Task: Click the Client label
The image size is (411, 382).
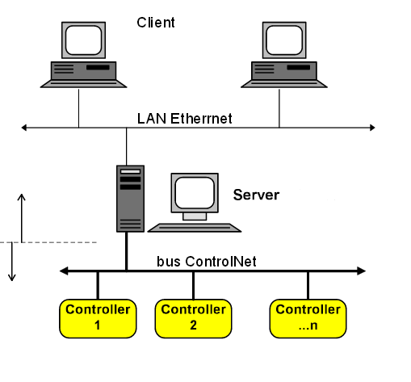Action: (x=156, y=23)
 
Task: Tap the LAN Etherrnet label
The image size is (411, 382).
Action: (x=184, y=119)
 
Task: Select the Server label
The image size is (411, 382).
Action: (x=256, y=195)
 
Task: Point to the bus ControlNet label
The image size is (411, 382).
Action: (x=207, y=262)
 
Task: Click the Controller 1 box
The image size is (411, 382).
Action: (x=98, y=318)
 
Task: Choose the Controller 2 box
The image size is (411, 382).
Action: (x=193, y=318)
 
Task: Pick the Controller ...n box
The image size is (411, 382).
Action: (x=308, y=318)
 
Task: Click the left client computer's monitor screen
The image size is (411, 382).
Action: (x=83, y=40)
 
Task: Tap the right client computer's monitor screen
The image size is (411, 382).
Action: (x=284, y=40)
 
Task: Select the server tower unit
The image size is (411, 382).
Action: (x=130, y=199)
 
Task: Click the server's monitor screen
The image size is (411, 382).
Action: (x=195, y=193)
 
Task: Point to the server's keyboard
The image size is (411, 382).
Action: (x=195, y=228)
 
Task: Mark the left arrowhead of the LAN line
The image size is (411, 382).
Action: (x=24, y=128)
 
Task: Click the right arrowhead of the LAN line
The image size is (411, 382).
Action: (x=372, y=128)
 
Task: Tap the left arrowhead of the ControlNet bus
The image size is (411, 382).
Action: (x=64, y=271)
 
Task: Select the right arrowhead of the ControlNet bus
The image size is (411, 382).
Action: (x=361, y=271)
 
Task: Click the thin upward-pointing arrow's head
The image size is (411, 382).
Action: (x=22, y=197)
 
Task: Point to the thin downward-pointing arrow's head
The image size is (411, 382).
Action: (x=12, y=277)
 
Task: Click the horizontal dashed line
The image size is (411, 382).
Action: (x=48, y=242)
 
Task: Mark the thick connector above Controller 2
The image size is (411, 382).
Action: (x=193, y=285)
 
